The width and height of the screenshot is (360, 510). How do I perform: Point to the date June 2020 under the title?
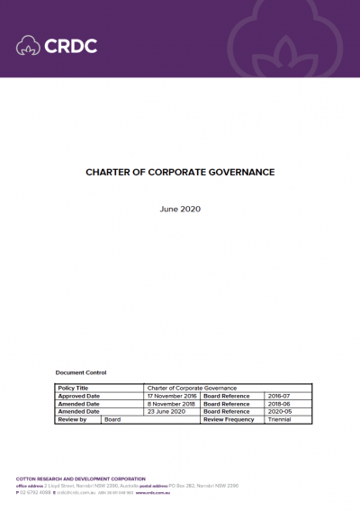tap(180, 209)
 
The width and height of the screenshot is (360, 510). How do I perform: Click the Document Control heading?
tap(81, 371)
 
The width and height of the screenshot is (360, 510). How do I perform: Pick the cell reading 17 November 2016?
tap(171, 396)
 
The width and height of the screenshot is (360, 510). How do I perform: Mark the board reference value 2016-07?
tap(280, 396)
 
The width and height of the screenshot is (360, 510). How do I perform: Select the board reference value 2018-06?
tap(280, 404)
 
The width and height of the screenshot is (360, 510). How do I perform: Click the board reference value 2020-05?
tap(280, 412)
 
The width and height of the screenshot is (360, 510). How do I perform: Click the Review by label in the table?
tap(72, 420)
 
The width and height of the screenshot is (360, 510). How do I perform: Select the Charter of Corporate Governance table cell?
tap(192, 388)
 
